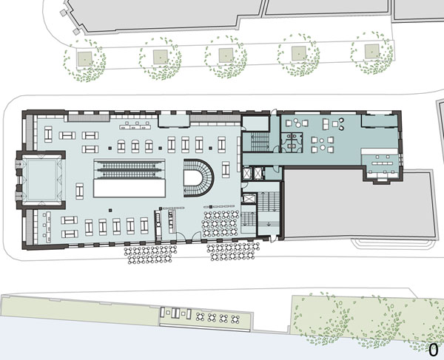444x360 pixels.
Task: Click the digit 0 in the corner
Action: (x=433, y=350)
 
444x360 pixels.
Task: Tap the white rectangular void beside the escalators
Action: (x=129, y=188)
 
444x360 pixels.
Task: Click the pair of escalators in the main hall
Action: (x=129, y=169)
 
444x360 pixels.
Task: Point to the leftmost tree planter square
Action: (x=85, y=59)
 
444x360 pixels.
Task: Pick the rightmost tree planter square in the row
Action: (x=371, y=52)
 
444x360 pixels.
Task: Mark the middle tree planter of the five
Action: (x=226, y=55)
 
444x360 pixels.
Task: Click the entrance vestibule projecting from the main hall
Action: (x=41, y=180)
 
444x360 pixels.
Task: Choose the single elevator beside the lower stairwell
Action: (x=249, y=199)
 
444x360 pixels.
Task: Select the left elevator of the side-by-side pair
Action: (x=247, y=173)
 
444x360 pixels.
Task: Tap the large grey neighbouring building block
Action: (x=359, y=203)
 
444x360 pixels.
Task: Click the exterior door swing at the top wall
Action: (x=274, y=112)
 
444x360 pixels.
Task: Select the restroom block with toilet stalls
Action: (x=292, y=142)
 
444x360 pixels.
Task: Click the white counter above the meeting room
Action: (x=380, y=152)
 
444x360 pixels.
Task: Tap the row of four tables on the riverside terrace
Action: (x=218, y=319)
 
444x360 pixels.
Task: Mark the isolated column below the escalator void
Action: (x=110, y=210)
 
